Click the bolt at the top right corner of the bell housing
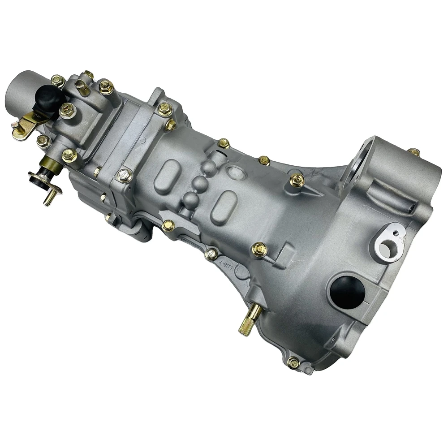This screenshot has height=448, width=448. [414, 152]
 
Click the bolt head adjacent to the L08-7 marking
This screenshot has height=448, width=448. [211, 254]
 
